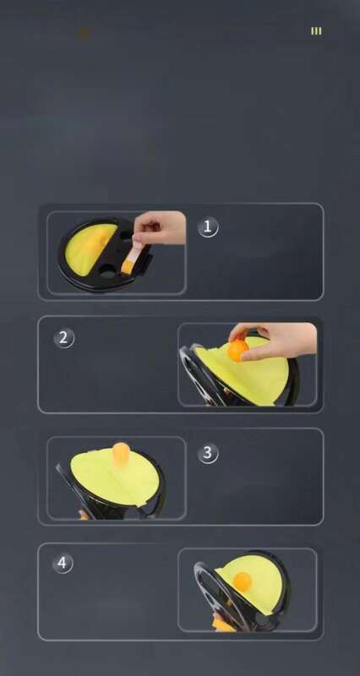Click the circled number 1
[x=208, y=226]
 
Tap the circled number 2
[x=64, y=338]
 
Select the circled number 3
[x=208, y=453]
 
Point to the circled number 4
[x=64, y=563]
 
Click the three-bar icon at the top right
[x=316, y=31]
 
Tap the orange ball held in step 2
[x=238, y=350]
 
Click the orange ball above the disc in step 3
[x=122, y=455]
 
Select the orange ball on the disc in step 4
[x=243, y=581]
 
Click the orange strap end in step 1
[x=128, y=266]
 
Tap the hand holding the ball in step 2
[x=275, y=340]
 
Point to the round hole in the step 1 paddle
[x=108, y=271]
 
